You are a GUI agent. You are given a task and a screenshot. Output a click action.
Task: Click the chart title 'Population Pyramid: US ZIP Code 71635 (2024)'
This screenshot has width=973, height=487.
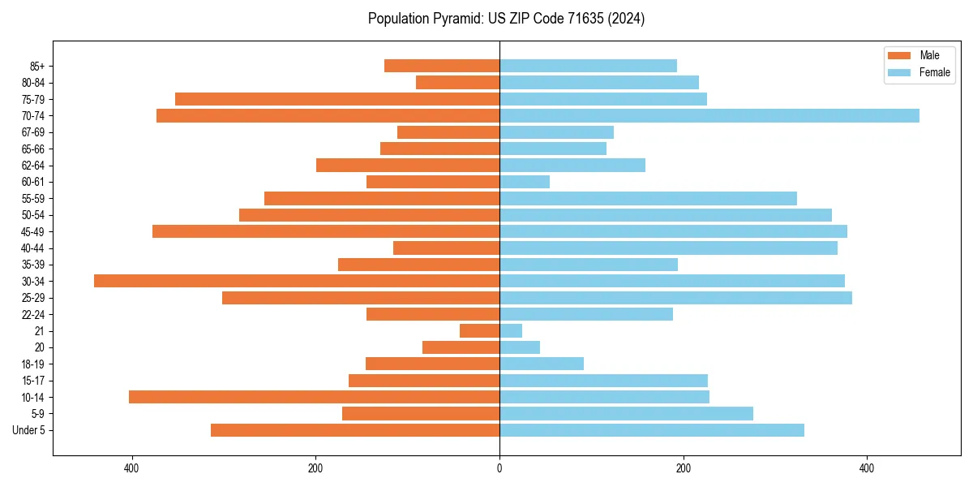pyautogui.click(x=506, y=19)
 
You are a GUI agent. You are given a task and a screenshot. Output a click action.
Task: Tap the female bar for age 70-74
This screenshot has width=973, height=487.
pyautogui.click(x=709, y=116)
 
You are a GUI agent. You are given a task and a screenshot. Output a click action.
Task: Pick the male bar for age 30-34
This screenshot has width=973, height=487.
pyautogui.click(x=297, y=281)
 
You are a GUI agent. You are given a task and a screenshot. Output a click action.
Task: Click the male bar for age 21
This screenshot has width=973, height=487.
pyautogui.click(x=479, y=331)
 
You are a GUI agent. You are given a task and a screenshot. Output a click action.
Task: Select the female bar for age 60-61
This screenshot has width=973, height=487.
pyautogui.click(x=525, y=182)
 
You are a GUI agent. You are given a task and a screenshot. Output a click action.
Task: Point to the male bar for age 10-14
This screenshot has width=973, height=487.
pyautogui.click(x=314, y=397)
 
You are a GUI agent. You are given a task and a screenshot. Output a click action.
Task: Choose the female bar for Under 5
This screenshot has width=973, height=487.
pyautogui.click(x=652, y=430)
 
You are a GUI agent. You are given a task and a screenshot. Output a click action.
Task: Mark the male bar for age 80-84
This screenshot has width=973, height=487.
pyautogui.click(x=457, y=83)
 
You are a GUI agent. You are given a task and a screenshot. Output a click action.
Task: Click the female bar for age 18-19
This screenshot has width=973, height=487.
pyautogui.click(x=542, y=364)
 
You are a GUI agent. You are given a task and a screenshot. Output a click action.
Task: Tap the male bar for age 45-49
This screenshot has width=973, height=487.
pyautogui.click(x=326, y=231)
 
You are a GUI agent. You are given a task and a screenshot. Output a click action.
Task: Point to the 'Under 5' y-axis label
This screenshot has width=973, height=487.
pyautogui.click(x=28, y=430)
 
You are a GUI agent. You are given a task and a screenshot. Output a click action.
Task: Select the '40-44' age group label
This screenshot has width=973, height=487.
pyautogui.click(x=32, y=248)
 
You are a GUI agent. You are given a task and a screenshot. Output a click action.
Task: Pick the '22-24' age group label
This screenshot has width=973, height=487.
pyautogui.click(x=32, y=315)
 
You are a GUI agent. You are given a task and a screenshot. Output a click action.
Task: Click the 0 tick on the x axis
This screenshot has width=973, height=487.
pyautogui.click(x=499, y=468)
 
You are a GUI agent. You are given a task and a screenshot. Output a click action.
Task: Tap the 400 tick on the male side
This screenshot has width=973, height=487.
pyautogui.click(x=132, y=468)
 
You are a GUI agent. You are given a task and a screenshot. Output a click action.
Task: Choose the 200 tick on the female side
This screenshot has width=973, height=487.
pyautogui.click(x=684, y=468)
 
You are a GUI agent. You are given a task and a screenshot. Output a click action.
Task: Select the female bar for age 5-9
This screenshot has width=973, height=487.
pyautogui.click(x=626, y=414)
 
